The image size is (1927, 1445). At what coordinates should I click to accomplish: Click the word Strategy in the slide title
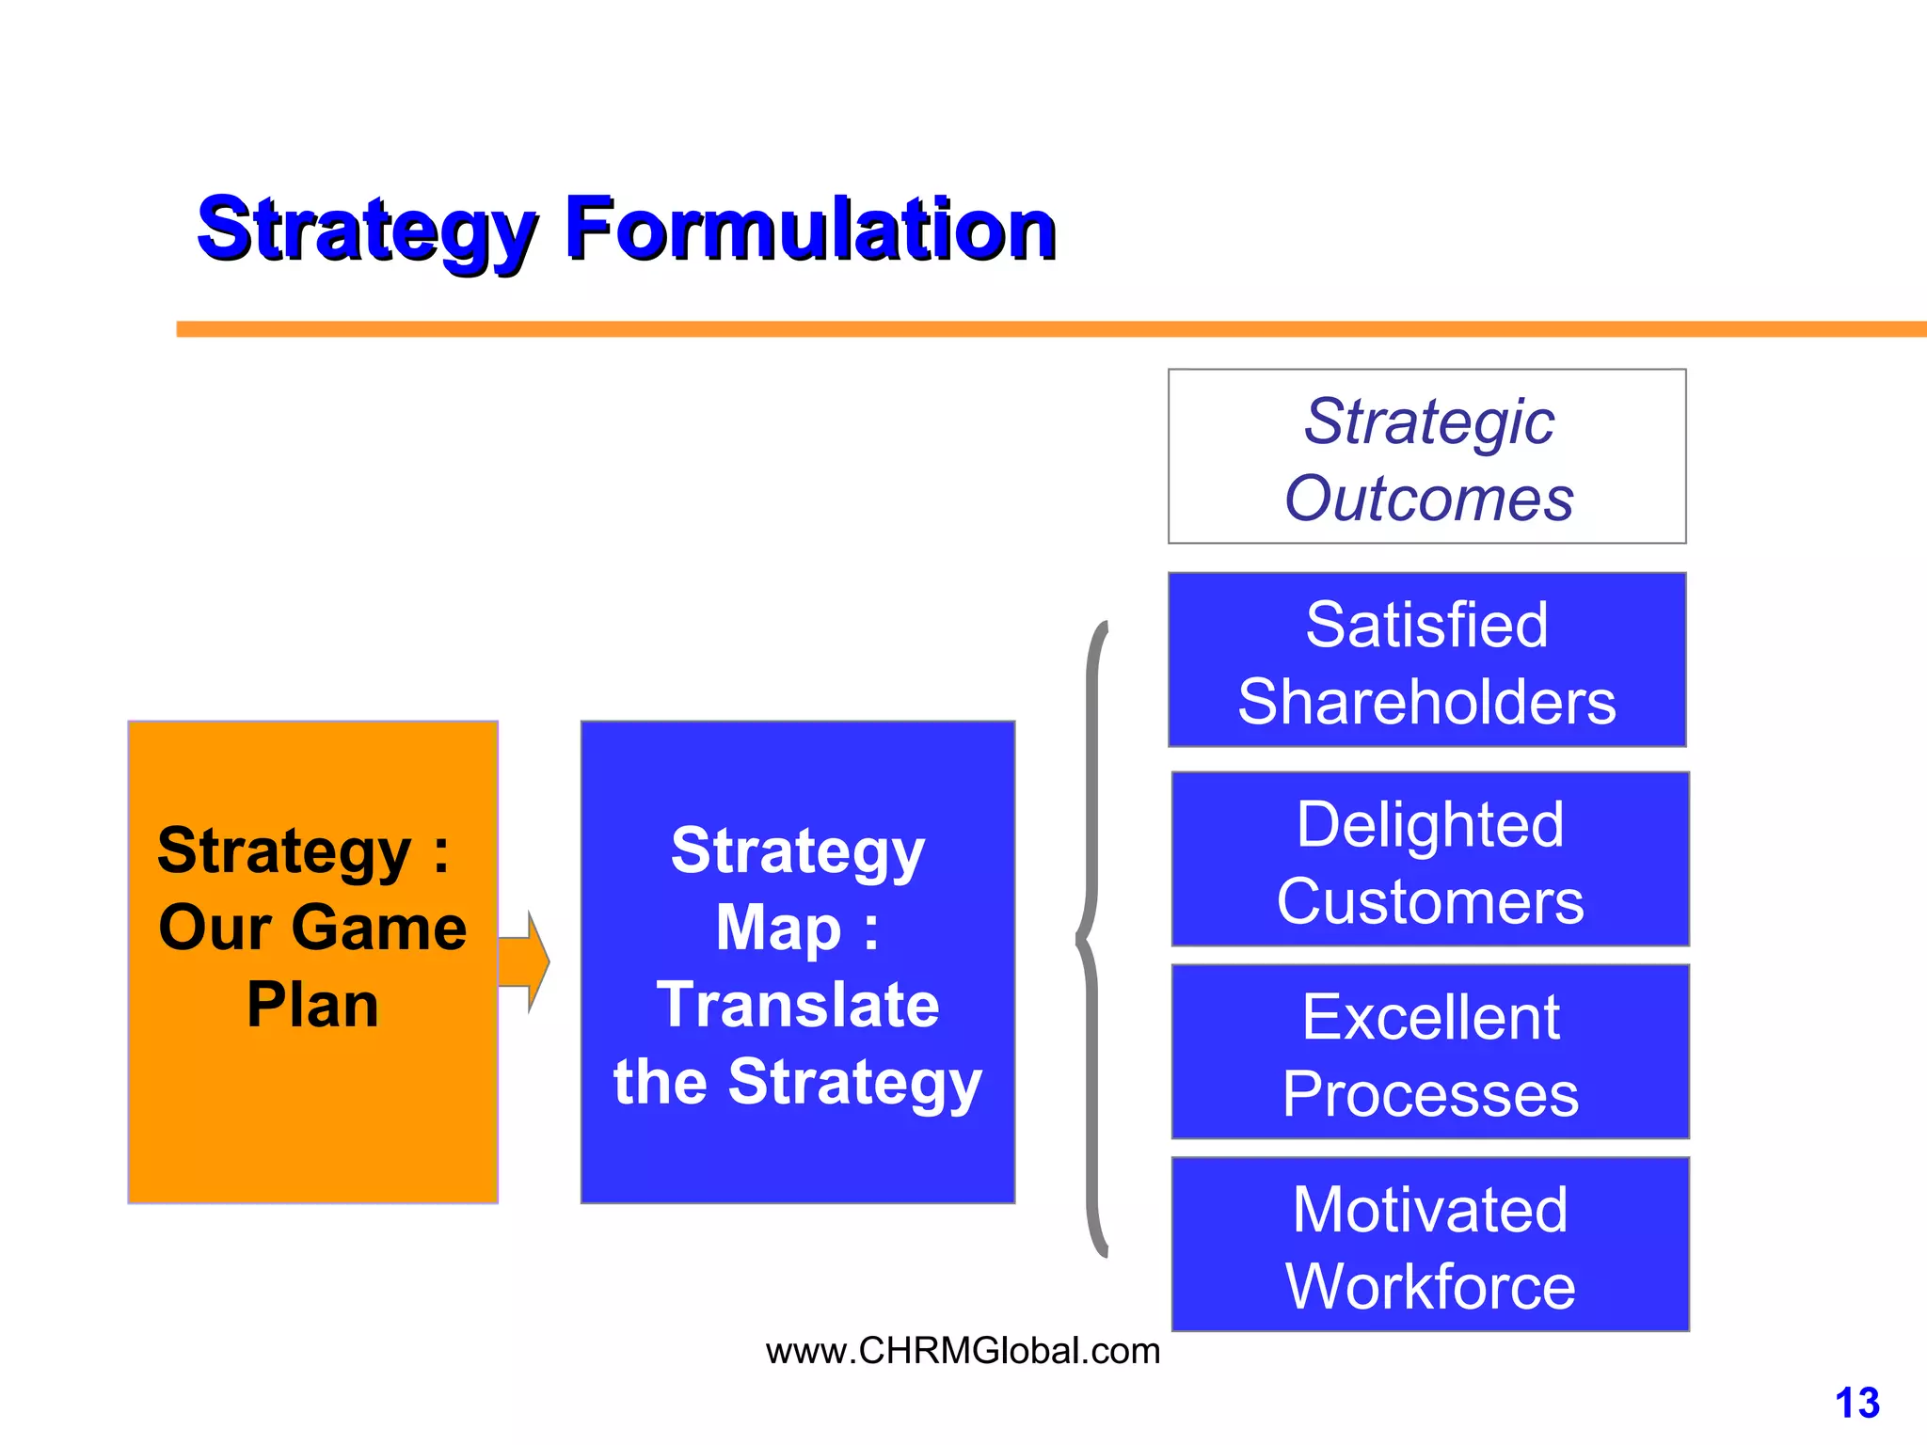click(367, 230)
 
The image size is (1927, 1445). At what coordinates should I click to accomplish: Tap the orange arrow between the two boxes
click(524, 961)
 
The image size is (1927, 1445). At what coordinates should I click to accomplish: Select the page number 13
click(1856, 1403)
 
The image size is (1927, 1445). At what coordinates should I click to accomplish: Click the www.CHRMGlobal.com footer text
click(963, 1351)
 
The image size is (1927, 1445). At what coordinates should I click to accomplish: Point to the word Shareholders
click(1426, 702)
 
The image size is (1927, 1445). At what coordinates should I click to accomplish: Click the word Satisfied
click(1426, 625)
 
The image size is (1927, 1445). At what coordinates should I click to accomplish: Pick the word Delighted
click(1430, 825)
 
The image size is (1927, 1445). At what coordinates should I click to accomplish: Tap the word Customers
click(1430, 902)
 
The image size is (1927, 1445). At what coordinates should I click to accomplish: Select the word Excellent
click(1430, 1018)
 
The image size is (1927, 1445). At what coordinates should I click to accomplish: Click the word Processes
click(1430, 1095)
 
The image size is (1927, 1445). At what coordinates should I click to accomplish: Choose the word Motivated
click(1430, 1210)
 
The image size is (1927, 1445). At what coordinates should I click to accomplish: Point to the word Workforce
click(1430, 1287)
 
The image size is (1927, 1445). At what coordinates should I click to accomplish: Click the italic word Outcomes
click(1428, 498)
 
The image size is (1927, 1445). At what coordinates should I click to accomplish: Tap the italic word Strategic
click(1428, 421)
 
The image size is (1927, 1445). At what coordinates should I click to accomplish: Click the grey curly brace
click(1091, 939)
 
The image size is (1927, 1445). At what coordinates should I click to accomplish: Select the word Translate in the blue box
click(798, 1005)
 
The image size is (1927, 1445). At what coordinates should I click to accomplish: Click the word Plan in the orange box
click(312, 1005)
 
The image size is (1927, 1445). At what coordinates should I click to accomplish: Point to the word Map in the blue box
click(778, 929)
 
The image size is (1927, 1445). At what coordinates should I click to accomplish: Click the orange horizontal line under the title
click(1035, 329)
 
